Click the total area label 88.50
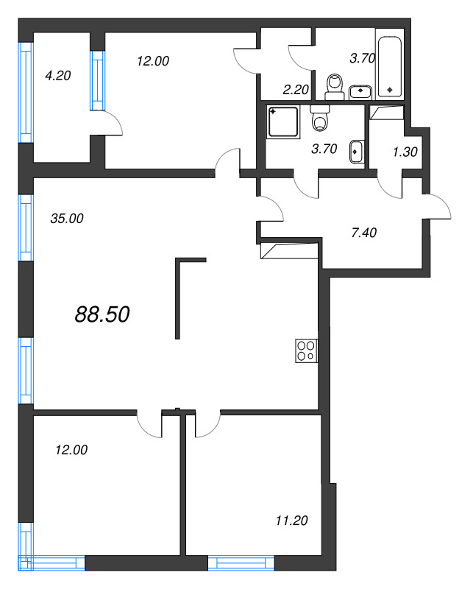102,314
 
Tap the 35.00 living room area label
67,218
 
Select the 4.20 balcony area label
58,76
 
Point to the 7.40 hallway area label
363,233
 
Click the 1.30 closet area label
405,152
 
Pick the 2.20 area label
296,89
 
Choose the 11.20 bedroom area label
292,521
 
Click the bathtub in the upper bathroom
390,66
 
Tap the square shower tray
283,121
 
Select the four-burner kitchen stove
306,351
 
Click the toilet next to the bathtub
335,87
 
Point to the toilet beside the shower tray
320,118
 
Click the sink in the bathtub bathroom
360,92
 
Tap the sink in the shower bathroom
356,152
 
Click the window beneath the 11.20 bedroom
241,562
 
